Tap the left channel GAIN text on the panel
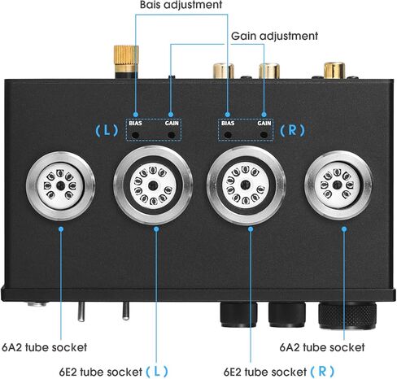[x=172, y=124]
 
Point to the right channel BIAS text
[x=229, y=124]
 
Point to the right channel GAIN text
[x=264, y=124]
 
